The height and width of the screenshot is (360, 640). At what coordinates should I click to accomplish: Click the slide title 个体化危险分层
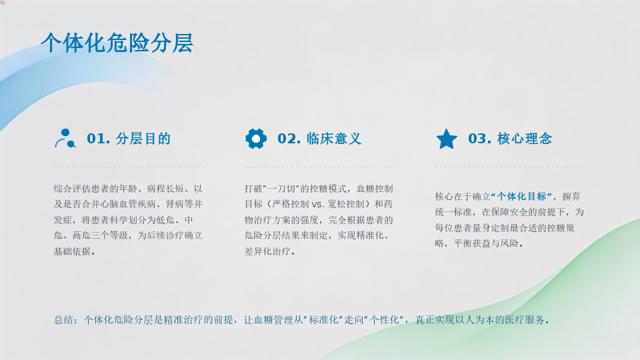click(x=117, y=43)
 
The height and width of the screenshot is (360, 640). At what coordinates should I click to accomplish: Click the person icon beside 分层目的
click(x=65, y=139)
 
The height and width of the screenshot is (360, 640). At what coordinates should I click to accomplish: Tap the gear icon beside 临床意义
click(x=256, y=139)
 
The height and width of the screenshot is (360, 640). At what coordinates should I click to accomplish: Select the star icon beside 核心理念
click(x=447, y=139)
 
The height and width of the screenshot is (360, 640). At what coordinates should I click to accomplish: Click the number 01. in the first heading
click(x=99, y=139)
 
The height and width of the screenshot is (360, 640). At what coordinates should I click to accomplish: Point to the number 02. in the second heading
click(x=289, y=139)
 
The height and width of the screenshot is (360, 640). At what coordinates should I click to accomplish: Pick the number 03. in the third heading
click(x=479, y=139)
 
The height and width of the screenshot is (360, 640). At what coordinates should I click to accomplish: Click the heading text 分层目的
click(x=143, y=139)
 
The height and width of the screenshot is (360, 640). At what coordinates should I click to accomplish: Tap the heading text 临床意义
click(x=334, y=139)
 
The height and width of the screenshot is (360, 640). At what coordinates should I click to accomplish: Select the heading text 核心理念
click(x=525, y=139)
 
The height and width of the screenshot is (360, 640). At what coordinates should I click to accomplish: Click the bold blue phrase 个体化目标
click(x=521, y=196)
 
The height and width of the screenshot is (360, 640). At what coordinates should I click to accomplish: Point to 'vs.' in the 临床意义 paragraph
click(x=317, y=204)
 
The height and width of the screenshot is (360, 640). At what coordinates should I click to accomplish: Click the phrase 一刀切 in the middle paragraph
click(x=281, y=189)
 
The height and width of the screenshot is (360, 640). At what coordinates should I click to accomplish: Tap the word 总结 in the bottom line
click(x=63, y=320)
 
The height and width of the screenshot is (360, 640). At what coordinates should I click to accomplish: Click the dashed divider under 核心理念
click(x=510, y=167)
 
